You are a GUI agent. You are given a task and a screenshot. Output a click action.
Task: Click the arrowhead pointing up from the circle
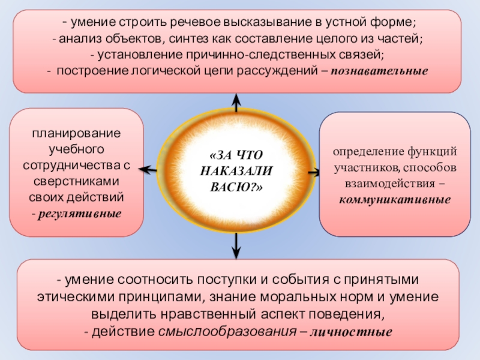click(x=237, y=99)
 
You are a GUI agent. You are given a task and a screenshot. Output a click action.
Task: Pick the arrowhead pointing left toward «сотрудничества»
click(x=145, y=171)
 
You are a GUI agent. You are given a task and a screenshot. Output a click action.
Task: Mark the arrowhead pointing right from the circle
click(x=315, y=173)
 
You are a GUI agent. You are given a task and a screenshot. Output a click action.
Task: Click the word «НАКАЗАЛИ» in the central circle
click(x=236, y=171)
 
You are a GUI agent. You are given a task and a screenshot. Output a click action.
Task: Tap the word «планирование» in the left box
click(x=76, y=132)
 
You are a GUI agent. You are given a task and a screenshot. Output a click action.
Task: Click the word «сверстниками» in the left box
click(x=76, y=181)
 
